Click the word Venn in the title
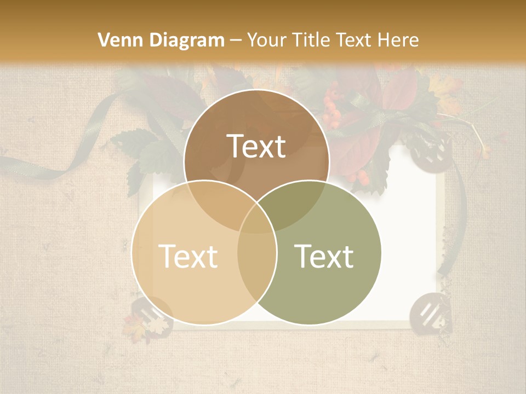[x=117, y=40]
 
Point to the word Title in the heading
[x=313, y=40]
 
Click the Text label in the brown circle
[x=256, y=146]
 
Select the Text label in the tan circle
[x=188, y=256]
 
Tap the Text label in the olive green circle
[x=324, y=256]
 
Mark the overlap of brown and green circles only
[x=296, y=200]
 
